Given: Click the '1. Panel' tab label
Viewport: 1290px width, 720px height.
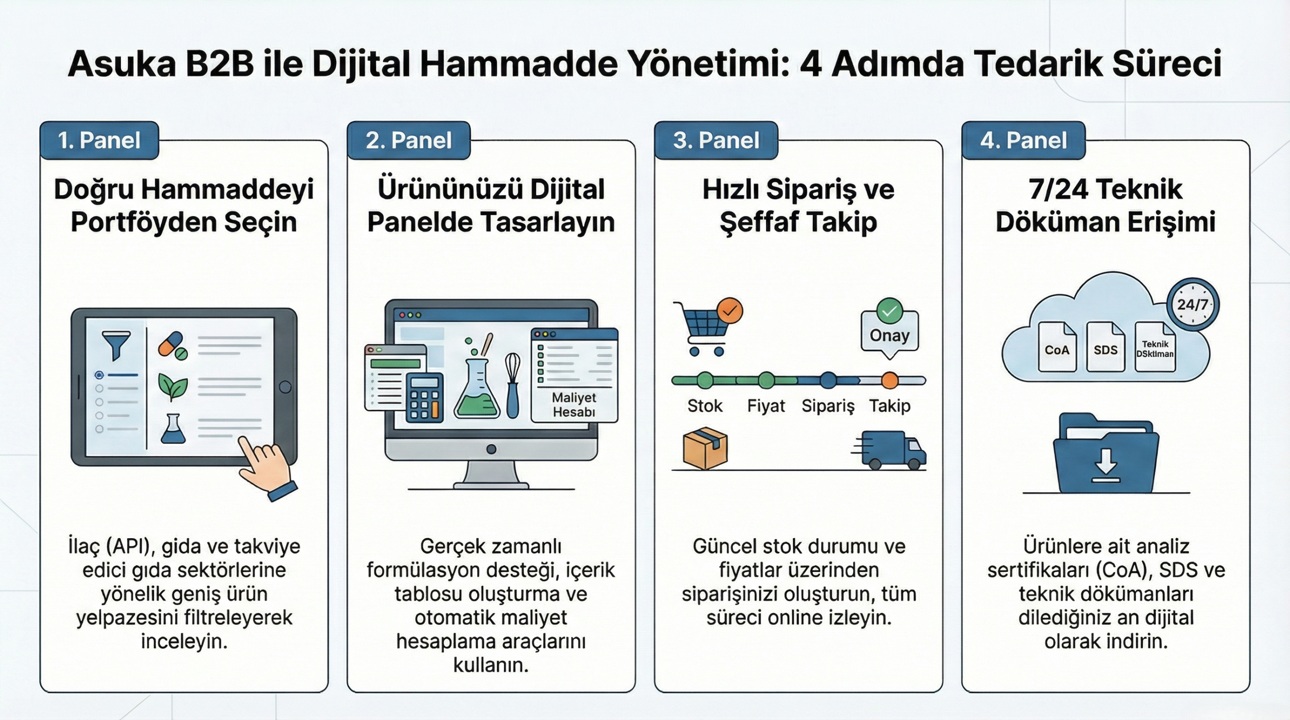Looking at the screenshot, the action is tap(99, 140).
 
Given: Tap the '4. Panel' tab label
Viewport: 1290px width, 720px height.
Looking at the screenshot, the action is tap(1023, 140).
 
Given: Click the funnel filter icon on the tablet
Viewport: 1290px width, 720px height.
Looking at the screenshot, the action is tap(116, 345).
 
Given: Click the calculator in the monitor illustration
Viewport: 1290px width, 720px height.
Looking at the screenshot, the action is tap(425, 398).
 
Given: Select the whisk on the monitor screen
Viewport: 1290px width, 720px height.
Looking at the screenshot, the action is tap(512, 385).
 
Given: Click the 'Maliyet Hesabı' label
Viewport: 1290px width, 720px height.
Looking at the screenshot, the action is tap(574, 405).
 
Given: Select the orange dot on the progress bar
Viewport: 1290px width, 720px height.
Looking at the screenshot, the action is tap(890, 380).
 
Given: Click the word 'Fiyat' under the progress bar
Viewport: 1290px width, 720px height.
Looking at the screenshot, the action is tap(766, 406).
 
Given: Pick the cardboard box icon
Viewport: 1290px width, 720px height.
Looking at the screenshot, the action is tap(705, 448).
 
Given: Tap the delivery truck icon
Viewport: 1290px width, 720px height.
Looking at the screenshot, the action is tap(889, 450).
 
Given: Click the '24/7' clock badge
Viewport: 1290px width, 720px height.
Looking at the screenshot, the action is tap(1193, 304).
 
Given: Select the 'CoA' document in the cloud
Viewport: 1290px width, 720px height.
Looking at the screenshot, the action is tap(1057, 347).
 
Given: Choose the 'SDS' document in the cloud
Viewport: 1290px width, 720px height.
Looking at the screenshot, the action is tap(1106, 347).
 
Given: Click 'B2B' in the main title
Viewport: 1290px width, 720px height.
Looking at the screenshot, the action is tap(219, 64).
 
